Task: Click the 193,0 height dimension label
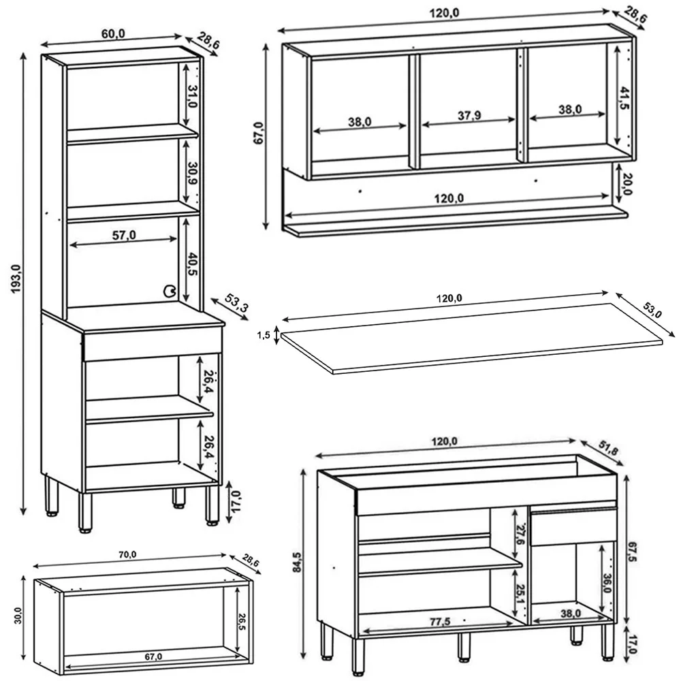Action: click(x=16, y=280)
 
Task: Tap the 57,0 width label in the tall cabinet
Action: click(x=123, y=235)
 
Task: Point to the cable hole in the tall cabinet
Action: click(x=168, y=291)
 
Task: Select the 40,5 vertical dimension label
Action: click(x=193, y=264)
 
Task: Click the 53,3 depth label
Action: click(x=232, y=305)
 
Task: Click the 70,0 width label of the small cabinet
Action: click(x=127, y=555)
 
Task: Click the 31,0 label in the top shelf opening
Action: click(x=193, y=97)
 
